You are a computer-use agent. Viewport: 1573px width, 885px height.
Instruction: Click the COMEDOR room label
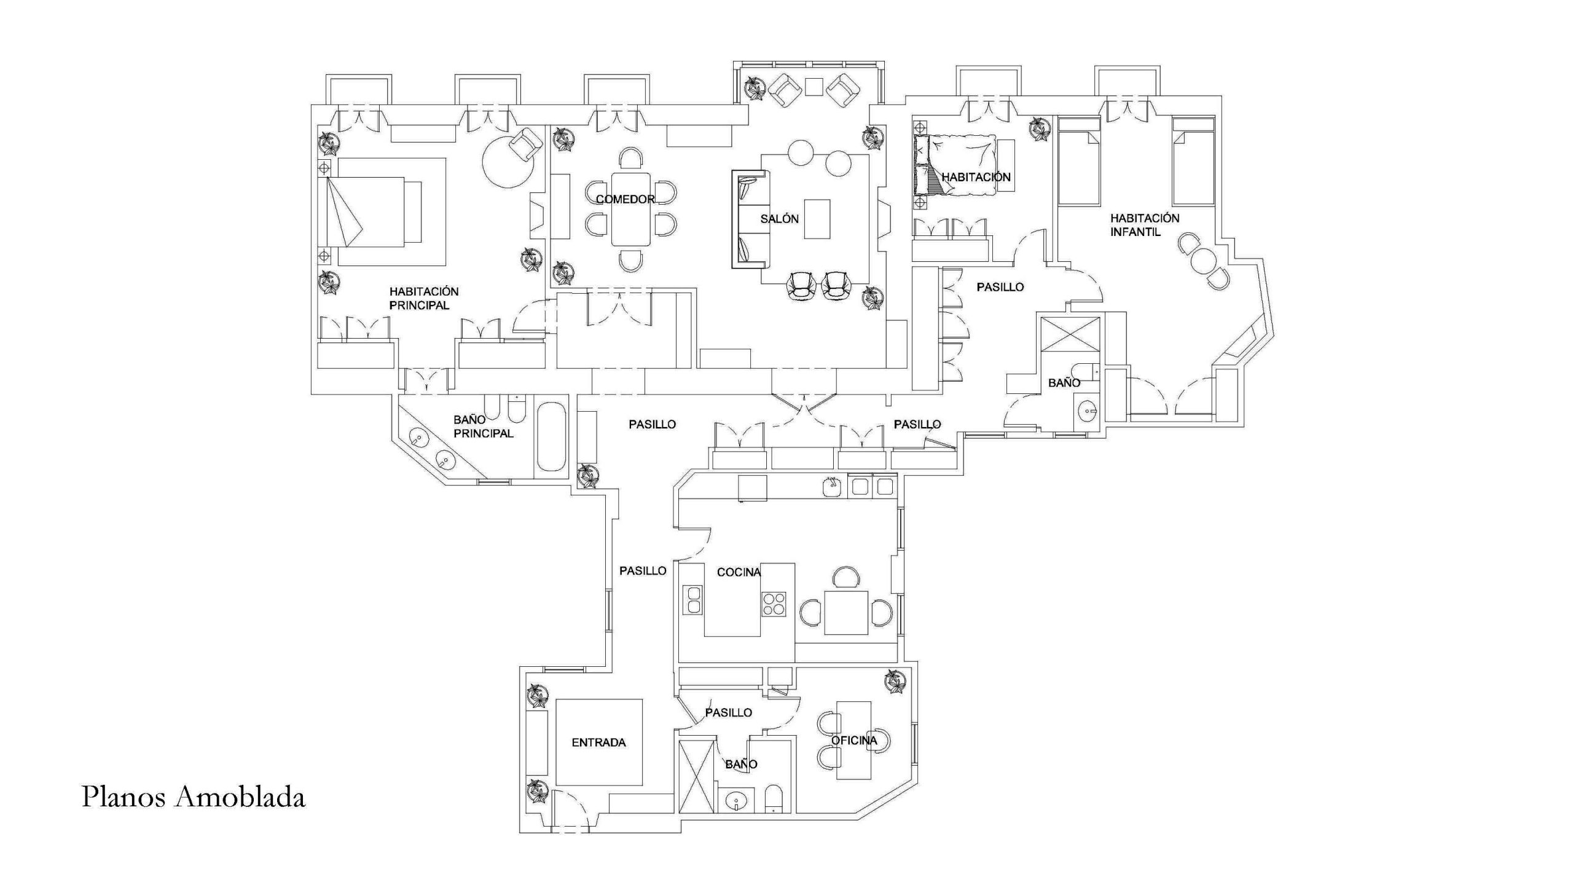click(x=625, y=199)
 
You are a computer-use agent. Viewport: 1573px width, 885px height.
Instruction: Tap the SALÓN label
click(x=779, y=219)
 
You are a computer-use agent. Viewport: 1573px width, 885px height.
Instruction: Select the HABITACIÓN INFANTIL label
click(x=1144, y=225)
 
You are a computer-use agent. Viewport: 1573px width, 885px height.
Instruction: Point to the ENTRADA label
click(x=598, y=742)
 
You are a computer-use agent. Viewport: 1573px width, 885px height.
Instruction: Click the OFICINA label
click(x=854, y=741)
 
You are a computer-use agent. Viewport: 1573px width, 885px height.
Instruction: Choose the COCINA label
click(x=739, y=572)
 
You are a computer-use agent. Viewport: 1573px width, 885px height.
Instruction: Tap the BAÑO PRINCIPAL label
click(x=483, y=427)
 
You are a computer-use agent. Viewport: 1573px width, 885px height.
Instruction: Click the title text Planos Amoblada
click(x=194, y=797)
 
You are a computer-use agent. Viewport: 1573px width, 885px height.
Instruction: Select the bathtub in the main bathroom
click(x=552, y=437)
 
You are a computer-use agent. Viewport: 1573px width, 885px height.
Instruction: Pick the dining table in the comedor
click(x=630, y=209)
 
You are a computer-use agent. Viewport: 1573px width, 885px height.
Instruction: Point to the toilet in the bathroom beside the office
click(x=773, y=798)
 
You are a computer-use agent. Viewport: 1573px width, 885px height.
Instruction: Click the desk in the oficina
click(x=854, y=740)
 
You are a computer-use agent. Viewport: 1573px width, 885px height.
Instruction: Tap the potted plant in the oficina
click(x=895, y=682)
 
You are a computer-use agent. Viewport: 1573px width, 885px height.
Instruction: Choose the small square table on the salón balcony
click(x=815, y=87)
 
